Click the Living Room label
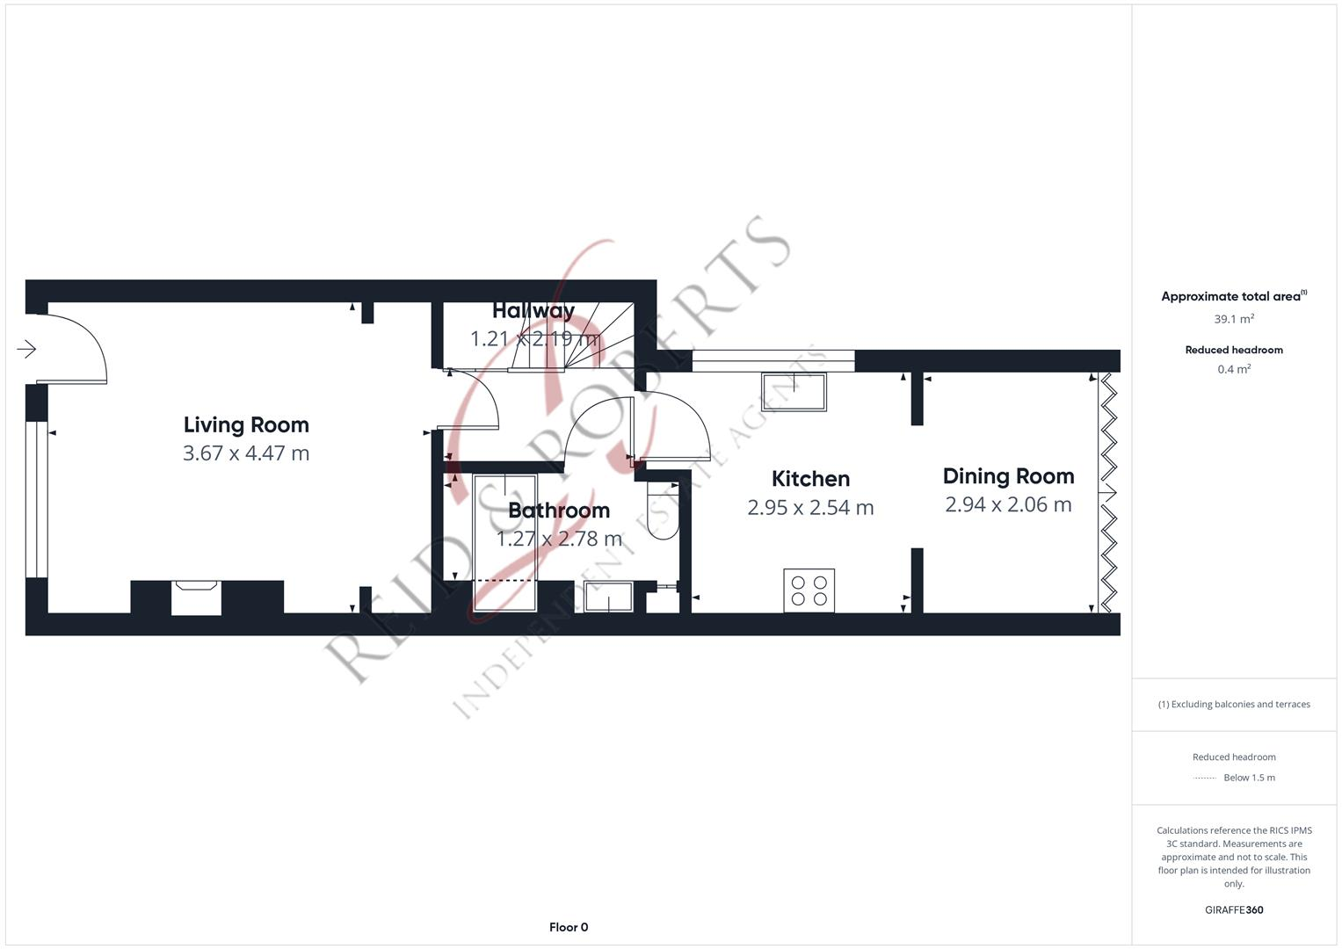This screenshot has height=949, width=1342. tap(246, 424)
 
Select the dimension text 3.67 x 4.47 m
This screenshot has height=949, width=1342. tap(246, 453)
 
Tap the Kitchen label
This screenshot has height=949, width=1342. tap(810, 479)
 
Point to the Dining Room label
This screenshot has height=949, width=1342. tap(1008, 476)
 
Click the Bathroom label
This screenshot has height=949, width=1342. tap(559, 511)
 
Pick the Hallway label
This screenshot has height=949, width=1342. tap(533, 310)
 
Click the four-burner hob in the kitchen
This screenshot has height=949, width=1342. tap(809, 590)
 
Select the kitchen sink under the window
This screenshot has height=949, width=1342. tap(794, 392)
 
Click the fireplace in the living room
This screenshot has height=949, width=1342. tap(196, 597)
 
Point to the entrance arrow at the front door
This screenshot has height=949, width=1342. tap(26, 349)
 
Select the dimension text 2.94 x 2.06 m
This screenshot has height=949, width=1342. tap(1008, 505)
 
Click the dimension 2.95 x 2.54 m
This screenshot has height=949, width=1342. tap(810, 508)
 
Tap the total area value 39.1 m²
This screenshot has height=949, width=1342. tap(1233, 319)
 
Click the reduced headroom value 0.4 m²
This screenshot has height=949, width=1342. tap(1233, 369)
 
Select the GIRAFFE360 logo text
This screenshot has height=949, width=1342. tap(1233, 910)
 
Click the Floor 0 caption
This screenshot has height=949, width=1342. tap(568, 927)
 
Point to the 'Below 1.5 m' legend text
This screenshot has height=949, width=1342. tap(1249, 778)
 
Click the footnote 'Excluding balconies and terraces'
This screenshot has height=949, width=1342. tap(1233, 704)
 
